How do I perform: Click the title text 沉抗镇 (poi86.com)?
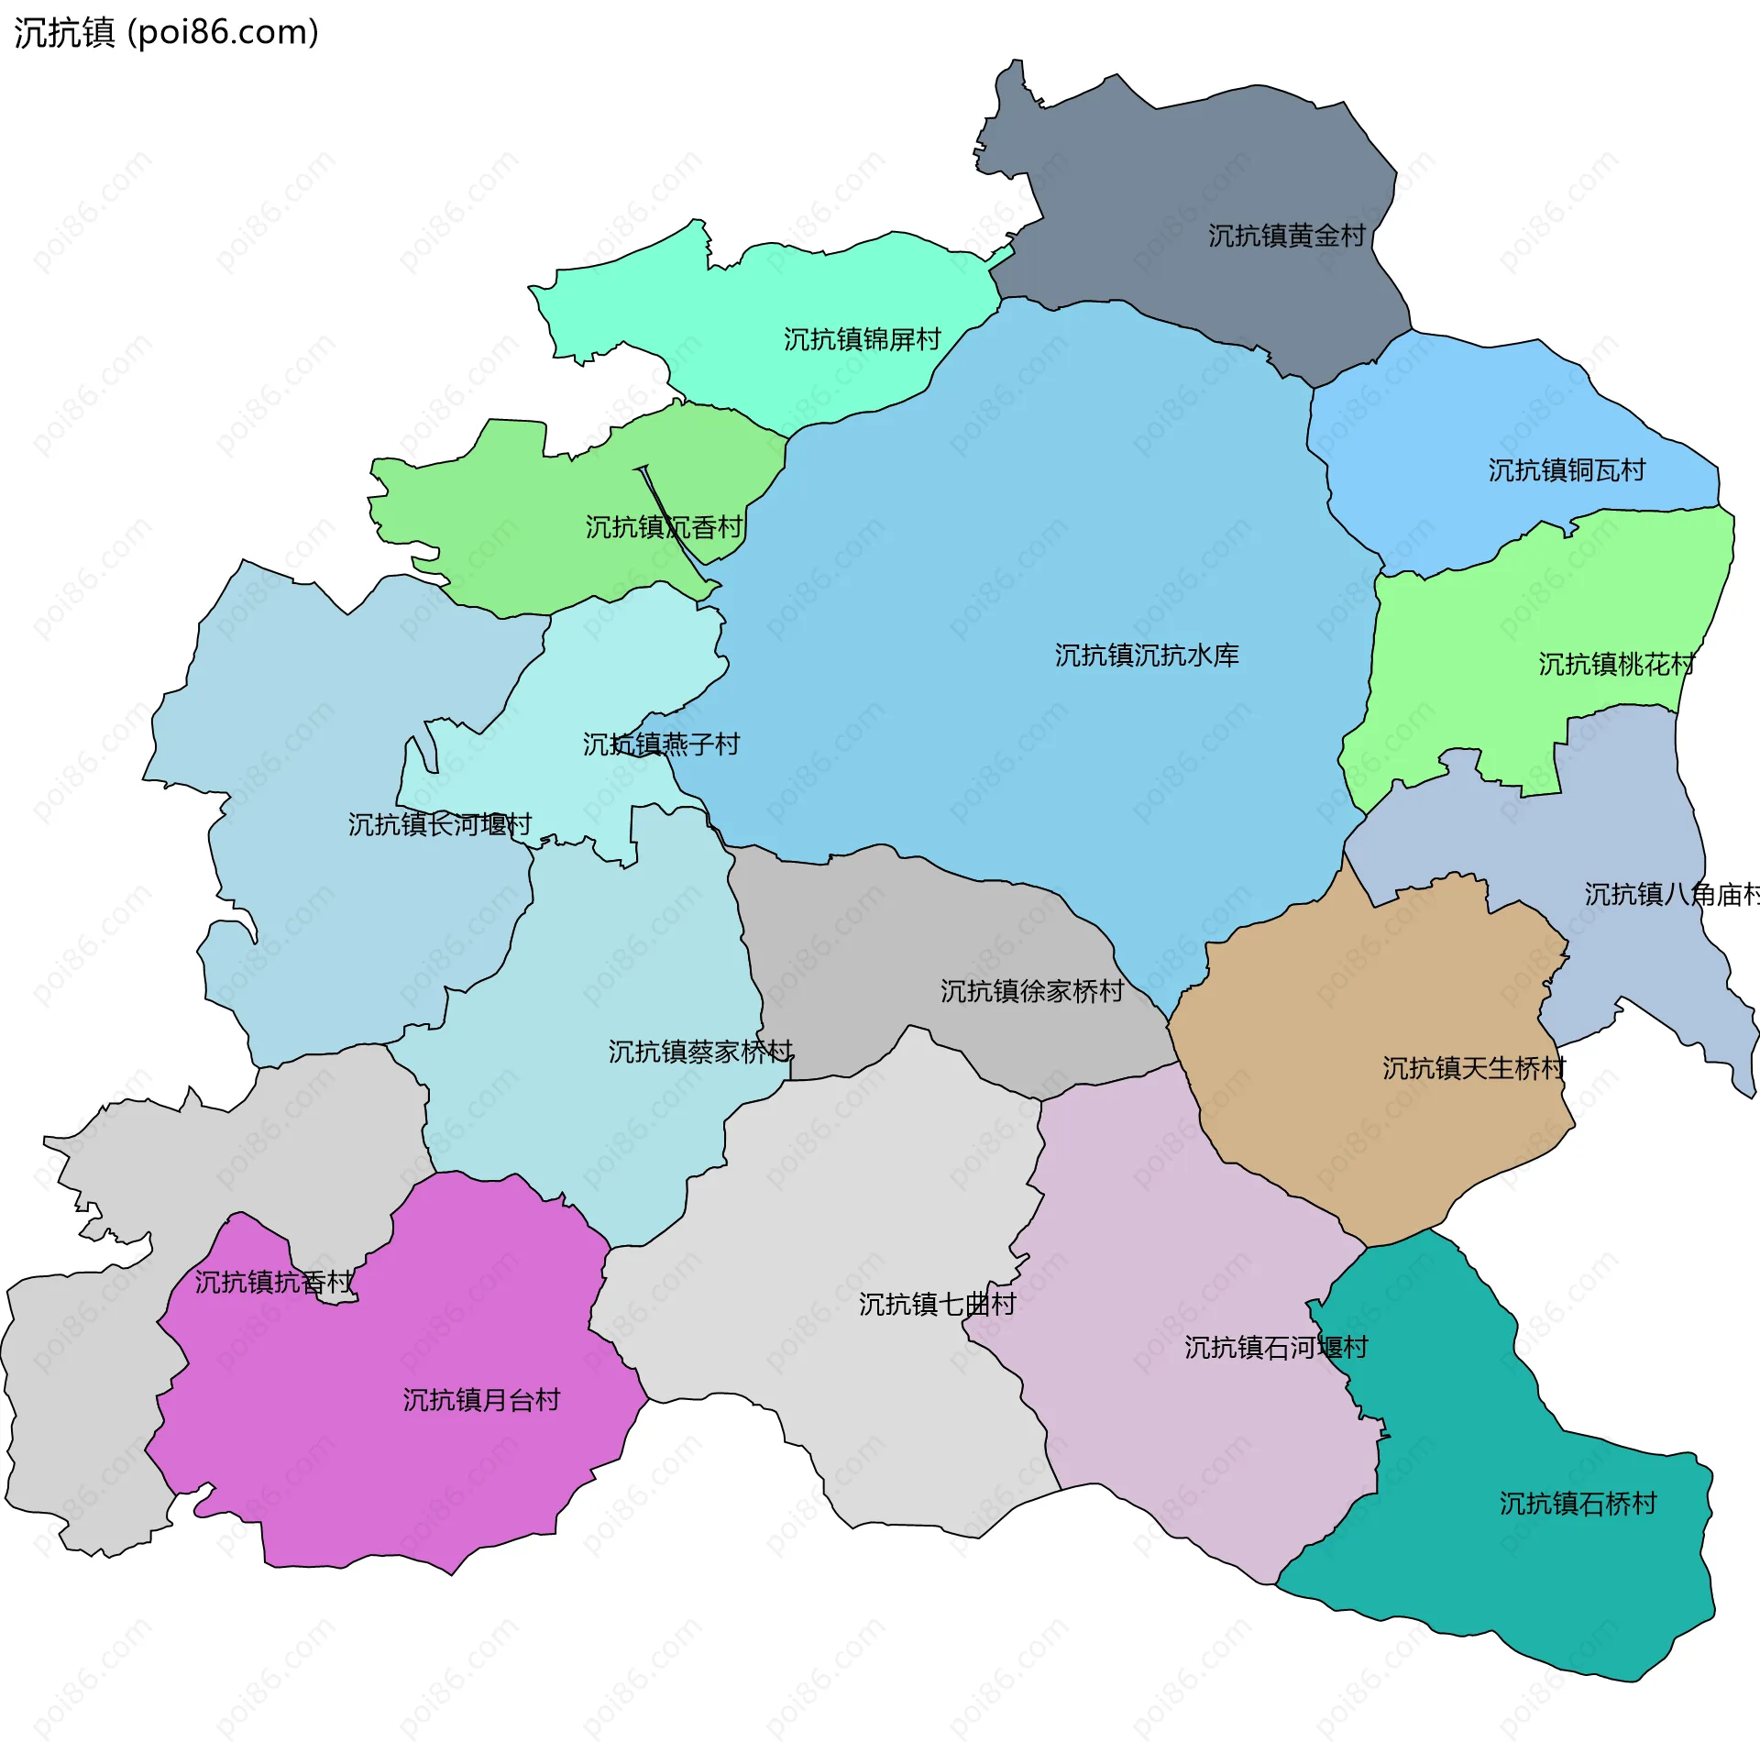[166, 32]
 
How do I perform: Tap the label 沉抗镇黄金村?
[1286, 237]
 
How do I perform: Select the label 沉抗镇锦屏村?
[862, 340]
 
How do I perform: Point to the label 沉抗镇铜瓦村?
[1566, 471]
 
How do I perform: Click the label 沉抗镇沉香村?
[664, 528]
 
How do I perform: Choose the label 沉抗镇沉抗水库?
[1146, 656]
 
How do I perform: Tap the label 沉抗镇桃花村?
[1616, 665]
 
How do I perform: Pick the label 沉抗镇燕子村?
[661, 744]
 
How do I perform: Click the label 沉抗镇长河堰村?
[439, 825]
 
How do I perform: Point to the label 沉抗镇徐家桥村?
[1031, 992]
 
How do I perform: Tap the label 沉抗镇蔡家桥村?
[700, 1053]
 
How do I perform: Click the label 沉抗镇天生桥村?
[1473, 1069]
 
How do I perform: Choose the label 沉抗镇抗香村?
[273, 1283]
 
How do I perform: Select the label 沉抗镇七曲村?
[937, 1305]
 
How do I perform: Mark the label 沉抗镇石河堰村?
[1275, 1348]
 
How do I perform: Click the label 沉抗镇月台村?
[481, 1400]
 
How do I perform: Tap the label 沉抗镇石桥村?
[1578, 1504]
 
